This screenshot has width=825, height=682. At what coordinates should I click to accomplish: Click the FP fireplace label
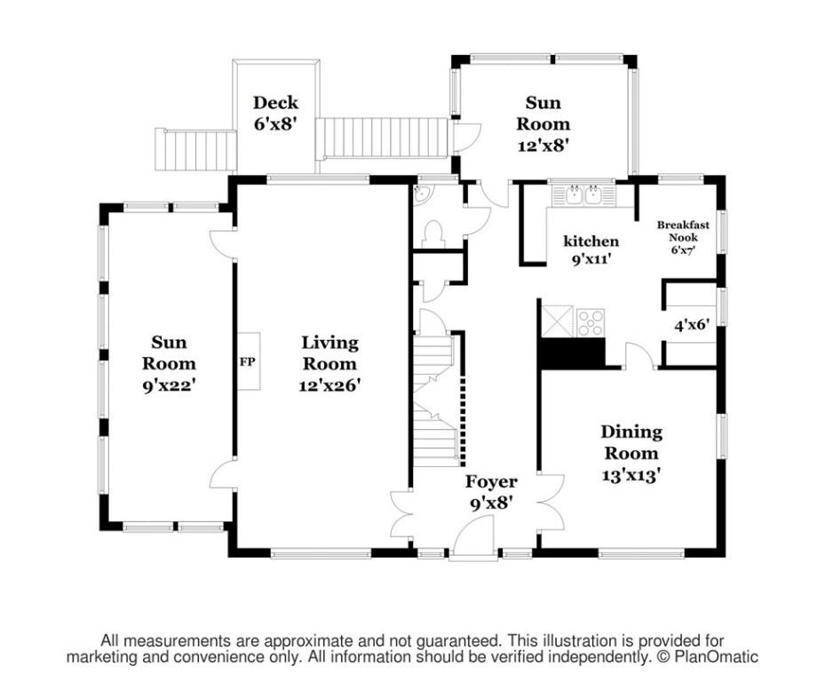click(x=247, y=362)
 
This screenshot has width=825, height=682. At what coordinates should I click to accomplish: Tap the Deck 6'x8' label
click(x=275, y=113)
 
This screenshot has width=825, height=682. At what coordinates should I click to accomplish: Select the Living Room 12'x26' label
click(x=329, y=363)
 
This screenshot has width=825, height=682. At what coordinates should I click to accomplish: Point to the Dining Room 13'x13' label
click(x=631, y=453)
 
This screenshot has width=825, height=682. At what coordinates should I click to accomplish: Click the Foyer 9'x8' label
click(x=491, y=492)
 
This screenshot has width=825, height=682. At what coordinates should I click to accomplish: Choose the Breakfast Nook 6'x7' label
click(x=683, y=237)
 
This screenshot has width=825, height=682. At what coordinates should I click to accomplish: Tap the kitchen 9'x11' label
click(x=591, y=250)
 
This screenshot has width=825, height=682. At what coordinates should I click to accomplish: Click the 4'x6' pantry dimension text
click(x=692, y=325)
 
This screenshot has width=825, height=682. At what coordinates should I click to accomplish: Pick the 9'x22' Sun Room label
click(x=169, y=363)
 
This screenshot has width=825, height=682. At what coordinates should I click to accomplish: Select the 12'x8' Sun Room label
click(x=543, y=123)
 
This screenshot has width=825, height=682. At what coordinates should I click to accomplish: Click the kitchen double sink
click(x=583, y=194)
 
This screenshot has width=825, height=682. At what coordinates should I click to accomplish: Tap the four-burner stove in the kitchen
click(x=591, y=322)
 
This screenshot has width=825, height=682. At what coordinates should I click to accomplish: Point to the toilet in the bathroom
click(x=433, y=234)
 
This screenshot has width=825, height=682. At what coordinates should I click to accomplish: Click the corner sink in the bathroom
click(x=421, y=193)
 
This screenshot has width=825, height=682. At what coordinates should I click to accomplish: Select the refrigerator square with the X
click(x=558, y=321)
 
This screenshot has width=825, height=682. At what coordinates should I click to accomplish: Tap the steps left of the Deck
click(x=194, y=150)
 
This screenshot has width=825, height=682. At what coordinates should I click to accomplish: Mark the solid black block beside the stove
click(x=574, y=353)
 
